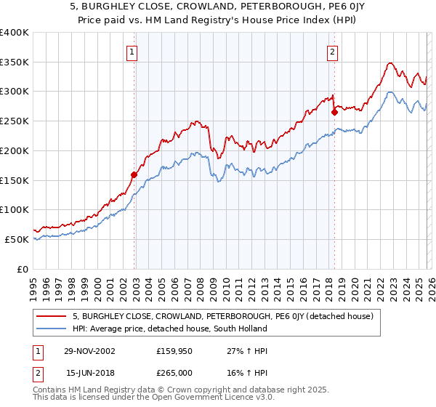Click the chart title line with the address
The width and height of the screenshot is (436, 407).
tap(217, 7)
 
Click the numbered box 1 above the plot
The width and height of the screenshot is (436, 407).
tap(132, 52)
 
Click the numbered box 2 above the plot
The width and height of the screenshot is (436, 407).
tap(332, 52)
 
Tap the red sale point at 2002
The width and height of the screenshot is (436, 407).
tap(134, 174)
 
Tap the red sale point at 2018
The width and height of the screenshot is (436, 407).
tap(334, 112)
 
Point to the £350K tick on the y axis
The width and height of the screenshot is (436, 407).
tap(15, 62)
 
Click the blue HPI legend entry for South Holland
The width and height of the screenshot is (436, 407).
tap(169, 329)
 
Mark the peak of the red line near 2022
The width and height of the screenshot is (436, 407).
tap(390, 63)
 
